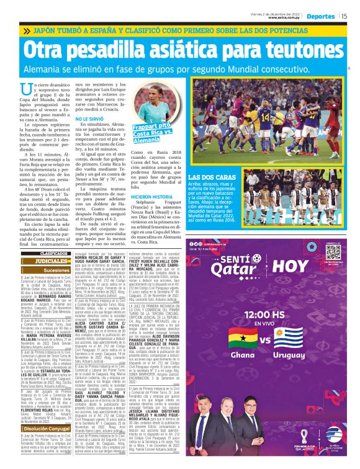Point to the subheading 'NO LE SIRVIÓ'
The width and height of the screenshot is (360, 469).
pos(89,118)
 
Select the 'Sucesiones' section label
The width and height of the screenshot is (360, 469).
pos(55,270)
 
